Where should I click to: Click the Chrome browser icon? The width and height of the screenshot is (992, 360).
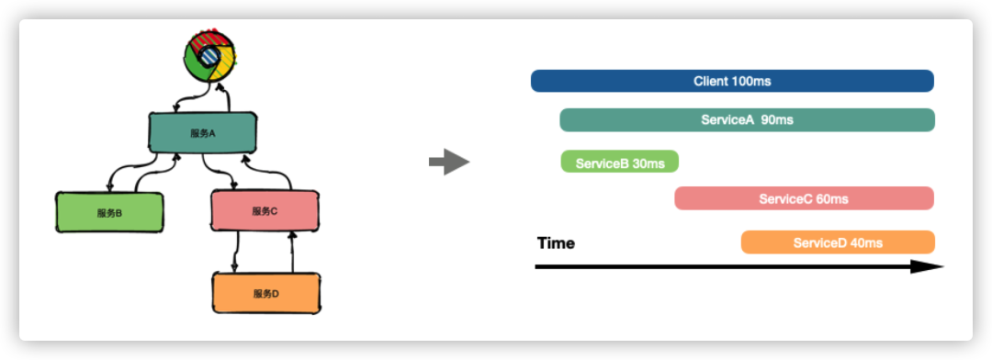coord(210,56)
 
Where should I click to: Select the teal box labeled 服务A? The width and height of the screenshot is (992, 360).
coord(203,133)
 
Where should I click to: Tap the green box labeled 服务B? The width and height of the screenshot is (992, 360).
coord(109,212)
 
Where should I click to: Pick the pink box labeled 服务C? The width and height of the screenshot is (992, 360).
coord(265,210)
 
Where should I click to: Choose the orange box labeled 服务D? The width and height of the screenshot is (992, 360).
coord(266,293)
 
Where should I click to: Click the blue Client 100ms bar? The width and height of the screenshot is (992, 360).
coord(733,81)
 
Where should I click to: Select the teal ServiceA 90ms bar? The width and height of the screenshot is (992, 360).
coord(747,119)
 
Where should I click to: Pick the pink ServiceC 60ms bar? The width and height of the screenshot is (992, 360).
coord(804,198)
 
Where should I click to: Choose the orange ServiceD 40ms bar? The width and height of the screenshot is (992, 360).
coord(838,242)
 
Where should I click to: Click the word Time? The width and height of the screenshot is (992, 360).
coord(556,243)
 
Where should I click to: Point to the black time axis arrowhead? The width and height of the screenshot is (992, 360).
coord(928,267)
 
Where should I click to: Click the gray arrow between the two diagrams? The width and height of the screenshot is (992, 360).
coord(449,162)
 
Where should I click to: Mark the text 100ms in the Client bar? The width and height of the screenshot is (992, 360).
coord(751,81)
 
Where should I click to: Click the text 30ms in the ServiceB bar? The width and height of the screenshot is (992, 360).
coord(648,163)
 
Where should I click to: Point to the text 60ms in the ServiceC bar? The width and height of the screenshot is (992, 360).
coord(832,199)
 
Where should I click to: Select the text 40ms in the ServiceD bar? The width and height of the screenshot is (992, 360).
coord(867,243)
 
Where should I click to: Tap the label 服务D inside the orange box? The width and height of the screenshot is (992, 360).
coord(266,294)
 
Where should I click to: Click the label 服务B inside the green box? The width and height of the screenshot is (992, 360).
coord(109,213)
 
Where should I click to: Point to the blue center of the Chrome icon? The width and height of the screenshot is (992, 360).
coord(209,56)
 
